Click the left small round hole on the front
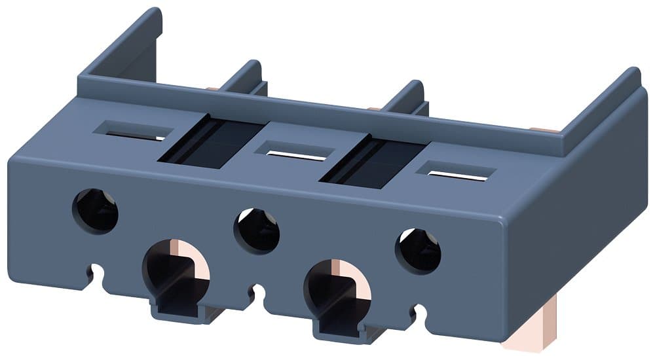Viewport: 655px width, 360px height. pyautogui.click(x=96, y=211)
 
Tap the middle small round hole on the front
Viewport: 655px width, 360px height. pyautogui.click(x=257, y=231)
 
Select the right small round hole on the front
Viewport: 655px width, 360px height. pyautogui.click(x=419, y=251)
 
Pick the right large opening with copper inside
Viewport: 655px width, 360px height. pyautogui.click(x=337, y=288)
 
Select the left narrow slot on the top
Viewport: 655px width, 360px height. pyautogui.click(x=134, y=134)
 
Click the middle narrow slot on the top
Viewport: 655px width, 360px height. pyautogui.click(x=296, y=154)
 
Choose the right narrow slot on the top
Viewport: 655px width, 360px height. pyautogui.click(x=459, y=173)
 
